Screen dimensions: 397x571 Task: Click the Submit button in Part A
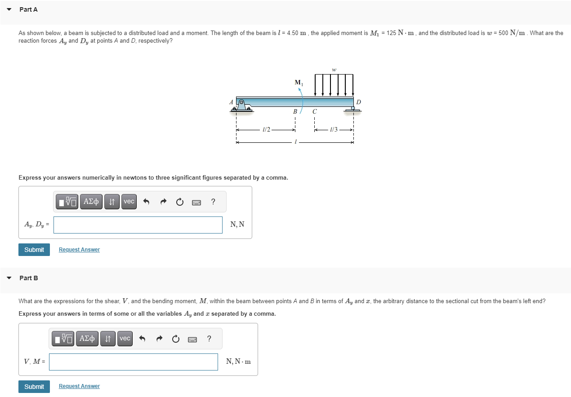(34, 250)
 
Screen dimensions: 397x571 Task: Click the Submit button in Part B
(34, 386)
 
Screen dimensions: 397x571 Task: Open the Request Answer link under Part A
(79, 250)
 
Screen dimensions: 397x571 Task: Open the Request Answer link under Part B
(79, 386)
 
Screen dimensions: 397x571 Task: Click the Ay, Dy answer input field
(138, 225)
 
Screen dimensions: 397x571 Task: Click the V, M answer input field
(133, 362)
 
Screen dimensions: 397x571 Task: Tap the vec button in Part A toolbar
(129, 202)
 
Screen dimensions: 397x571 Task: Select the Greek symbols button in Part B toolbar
(87, 339)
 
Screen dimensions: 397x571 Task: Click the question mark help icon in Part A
(213, 202)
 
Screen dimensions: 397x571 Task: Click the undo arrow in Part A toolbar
(146, 202)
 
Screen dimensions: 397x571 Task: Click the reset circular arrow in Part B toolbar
(175, 339)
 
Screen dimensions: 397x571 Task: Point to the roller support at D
(353, 108)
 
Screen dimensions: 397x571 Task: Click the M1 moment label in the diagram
(299, 83)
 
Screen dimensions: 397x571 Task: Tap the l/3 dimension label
(334, 130)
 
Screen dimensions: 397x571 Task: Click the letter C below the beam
(315, 111)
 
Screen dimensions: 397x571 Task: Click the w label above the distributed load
(334, 70)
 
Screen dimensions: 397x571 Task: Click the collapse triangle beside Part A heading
(9, 9)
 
